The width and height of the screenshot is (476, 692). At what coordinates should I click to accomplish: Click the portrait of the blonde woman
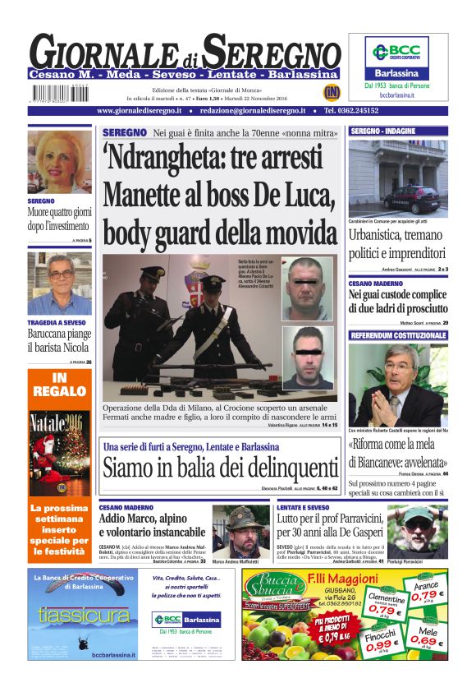(59, 162)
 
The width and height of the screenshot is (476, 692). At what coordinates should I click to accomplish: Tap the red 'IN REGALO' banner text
(59, 385)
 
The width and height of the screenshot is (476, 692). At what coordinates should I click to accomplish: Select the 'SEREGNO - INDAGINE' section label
(383, 131)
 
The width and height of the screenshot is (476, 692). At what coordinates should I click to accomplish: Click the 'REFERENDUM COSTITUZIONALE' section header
(399, 336)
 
